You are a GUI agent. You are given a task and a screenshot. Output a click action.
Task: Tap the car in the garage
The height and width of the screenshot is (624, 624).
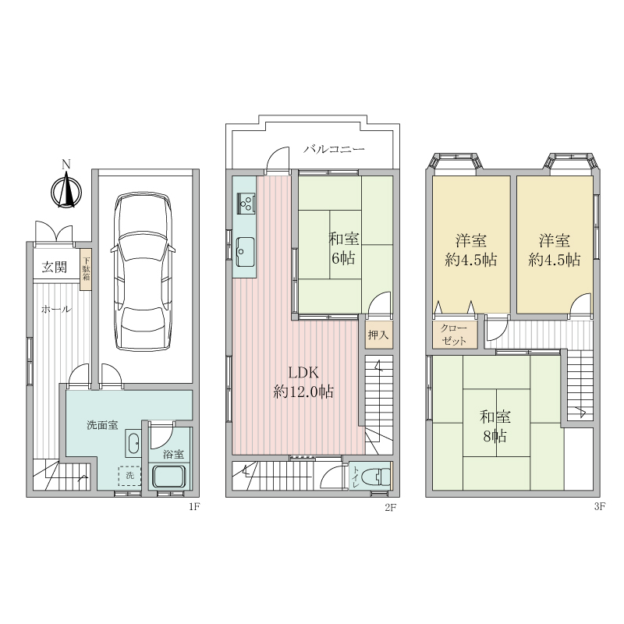point(143,272)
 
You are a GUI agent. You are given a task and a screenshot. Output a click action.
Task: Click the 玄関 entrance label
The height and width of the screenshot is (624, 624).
point(55,268)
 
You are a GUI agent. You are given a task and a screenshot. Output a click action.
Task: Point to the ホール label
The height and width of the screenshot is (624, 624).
point(56,309)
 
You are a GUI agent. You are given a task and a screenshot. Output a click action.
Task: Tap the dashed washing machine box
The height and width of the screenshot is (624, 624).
point(129,476)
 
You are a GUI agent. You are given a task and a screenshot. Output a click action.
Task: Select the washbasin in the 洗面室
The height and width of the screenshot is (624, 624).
point(133,443)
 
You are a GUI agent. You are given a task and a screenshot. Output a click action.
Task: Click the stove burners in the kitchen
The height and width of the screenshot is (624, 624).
point(246,204)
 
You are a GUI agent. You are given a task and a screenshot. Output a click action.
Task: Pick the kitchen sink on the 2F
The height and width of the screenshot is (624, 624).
point(245,252)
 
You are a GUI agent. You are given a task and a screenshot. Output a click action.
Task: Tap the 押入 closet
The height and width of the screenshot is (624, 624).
point(378,335)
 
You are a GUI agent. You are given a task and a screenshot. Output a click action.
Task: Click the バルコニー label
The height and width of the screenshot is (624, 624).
point(334,150)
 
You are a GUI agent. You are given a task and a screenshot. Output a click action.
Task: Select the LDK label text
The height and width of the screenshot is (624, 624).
point(303,373)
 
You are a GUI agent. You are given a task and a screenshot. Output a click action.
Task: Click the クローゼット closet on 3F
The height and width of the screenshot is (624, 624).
point(455,335)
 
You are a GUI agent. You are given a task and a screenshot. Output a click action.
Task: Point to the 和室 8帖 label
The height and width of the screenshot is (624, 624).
point(495,427)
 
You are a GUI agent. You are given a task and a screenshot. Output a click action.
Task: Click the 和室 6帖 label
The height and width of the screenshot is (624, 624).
point(344,248)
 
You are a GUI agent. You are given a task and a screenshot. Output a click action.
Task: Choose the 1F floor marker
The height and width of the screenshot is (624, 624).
point(193,507)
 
